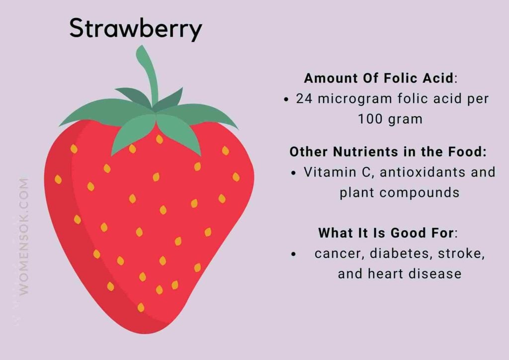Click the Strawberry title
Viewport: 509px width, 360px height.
[135, 29]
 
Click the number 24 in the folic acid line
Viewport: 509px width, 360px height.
[304, 98]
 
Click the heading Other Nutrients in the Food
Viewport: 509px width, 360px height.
[388, 152]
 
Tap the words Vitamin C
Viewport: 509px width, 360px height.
[330, 173]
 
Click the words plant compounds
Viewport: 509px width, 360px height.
[400, 192]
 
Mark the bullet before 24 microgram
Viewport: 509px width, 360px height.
[286, 99]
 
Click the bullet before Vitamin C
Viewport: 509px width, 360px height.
[294, 173]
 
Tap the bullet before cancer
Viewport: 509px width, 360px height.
[294, 254]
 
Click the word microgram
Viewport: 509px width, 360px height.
[354, 99]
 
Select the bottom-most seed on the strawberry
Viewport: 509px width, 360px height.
[141, 307]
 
